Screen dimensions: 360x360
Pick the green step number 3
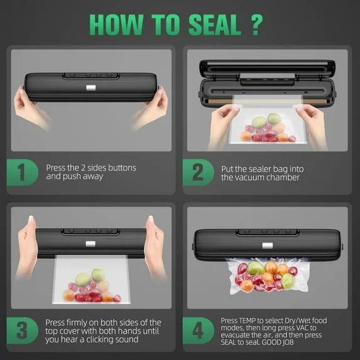(23, 329)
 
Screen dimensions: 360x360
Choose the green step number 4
(199, 329)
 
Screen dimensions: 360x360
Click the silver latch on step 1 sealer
(92, 87)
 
